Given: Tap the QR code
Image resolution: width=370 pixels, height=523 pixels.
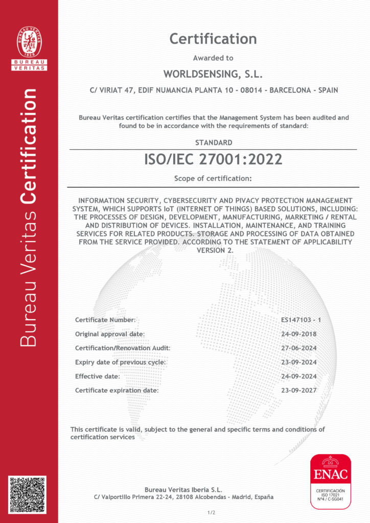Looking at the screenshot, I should (x=27, y=494).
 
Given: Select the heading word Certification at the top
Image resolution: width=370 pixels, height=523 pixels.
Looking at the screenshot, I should (x=213, y=39).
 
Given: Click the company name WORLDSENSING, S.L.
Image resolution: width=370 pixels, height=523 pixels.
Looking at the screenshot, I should (x=213, y=75).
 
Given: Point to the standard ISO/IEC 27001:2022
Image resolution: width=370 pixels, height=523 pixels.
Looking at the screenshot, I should (x=213, y=159).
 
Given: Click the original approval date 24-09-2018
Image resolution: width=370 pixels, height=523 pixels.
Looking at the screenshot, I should (x=299, y=334).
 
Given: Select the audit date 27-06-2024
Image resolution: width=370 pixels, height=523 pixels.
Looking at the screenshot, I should (x=299, y=348).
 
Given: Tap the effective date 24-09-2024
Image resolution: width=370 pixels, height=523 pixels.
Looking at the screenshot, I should (x=299, y=376).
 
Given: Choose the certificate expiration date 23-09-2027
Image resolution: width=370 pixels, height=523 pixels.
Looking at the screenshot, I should (x=299, y=390).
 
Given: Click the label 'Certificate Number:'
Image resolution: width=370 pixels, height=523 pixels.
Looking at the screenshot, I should (x=105, y=320).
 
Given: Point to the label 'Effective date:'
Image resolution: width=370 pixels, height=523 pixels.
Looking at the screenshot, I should (x=98, y=376).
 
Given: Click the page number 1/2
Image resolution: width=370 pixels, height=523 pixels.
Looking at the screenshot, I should (x=211, y=512).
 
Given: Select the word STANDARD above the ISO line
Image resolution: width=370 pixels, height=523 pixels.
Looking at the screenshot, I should (x=214, y=142).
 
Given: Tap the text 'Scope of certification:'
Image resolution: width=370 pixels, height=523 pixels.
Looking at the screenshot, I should (x=213, y=179).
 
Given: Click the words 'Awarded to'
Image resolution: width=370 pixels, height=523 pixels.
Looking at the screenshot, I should (x=213, y=58).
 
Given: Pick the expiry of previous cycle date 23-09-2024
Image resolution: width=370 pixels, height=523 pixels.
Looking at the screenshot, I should (x=299, y=362).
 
